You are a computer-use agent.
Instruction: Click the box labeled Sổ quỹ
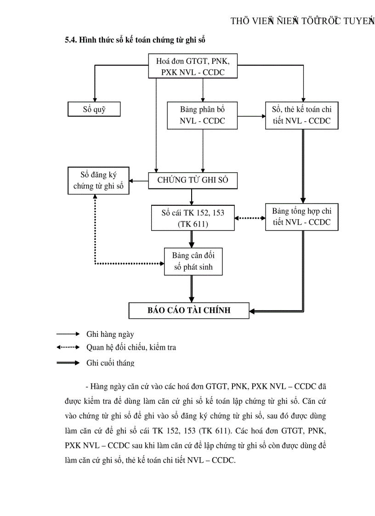(x=94, y=109)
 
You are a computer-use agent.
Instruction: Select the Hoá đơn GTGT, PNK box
(x=193, y=66)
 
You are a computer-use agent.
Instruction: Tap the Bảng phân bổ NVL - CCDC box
(x=203, y=115)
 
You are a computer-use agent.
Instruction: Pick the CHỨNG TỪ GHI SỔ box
(x=193, y=180)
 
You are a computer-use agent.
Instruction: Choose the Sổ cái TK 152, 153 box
(x=193, y=217)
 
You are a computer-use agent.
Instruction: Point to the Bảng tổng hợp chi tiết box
(x=301, y=217)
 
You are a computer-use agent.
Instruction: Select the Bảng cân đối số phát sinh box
(x=193, y=261)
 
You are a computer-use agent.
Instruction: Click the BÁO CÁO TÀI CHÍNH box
(x=189, y=311)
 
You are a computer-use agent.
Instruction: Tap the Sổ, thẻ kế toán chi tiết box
(x=301, y=115)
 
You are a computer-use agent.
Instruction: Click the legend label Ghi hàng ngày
(x=110, y=335)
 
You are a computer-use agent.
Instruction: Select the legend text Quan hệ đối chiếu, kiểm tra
(x=131, y=348)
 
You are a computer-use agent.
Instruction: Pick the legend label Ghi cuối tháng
(x=110, y=363)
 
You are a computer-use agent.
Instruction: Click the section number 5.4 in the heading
(x=71, y=40)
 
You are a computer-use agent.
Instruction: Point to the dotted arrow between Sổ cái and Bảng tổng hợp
(x=251, y=218)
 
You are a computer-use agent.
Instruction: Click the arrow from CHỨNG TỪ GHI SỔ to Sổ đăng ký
(x=138, y=181)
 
